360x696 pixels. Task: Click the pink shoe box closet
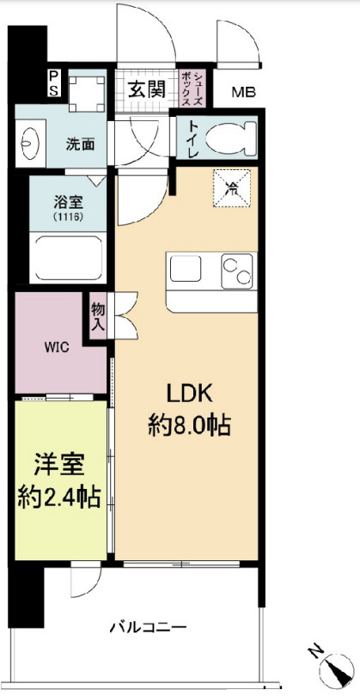point(191,87)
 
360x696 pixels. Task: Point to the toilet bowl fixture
point(231,136)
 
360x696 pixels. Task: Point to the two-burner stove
point(237,271)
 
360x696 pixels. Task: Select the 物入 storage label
point(98,318)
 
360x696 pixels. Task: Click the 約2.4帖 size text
point(60,496)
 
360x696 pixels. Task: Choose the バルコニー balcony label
point(147,627)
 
